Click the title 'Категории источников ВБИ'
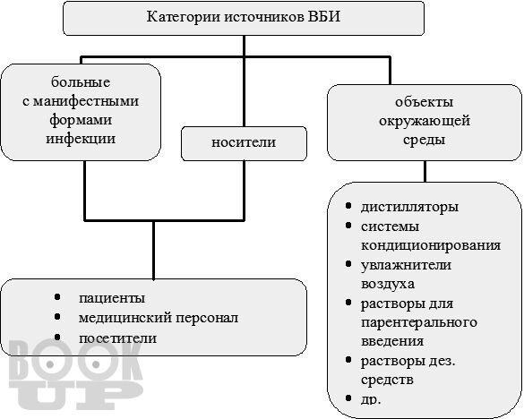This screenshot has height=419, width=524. pyautogui.click(x=244, y=17)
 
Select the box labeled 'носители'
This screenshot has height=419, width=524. pyautogui.click(x=244, y=143)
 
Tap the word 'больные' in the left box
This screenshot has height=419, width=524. pyautogui.click(x=81, y=82)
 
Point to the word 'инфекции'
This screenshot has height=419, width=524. pyautogui.click(x=81, y=139)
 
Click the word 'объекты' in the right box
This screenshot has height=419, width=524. pyautogui.click(x=424, y=102)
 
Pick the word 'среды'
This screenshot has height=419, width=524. pyautogui.click(x=424, y=140)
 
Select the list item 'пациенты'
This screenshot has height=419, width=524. pyautogui.click(x=112, y=298)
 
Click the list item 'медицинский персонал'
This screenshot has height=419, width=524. pyautogui.click(x=159, y=318)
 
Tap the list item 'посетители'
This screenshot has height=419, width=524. pyautogui.click(x=117, y=338)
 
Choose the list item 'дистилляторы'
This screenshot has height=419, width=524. pyautogui.click(x=409, y=207)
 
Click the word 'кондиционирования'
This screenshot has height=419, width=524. pyautogui.click(x=431, y=245)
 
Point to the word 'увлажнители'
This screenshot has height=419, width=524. pyautogui.click(x=406, y=265)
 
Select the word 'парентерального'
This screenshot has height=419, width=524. pyautogui.click(x=419, y=322)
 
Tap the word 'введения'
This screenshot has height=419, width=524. pyautogui.click(x=392, y=341)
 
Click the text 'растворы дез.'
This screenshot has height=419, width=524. pyautogui.click(x=408, y=361)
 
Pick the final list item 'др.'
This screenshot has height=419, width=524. pyautogui.click(x=371, y=399)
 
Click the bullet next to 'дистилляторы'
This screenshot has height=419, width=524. pyautogui.click(x=348, y=206)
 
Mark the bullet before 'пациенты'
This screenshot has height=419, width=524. pyautogui.click(x=57, y=296)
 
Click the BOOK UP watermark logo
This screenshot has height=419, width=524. pyautogui.click(x=76, y=375)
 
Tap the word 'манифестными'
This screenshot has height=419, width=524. pyautogui.click(x=81, y=101)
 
